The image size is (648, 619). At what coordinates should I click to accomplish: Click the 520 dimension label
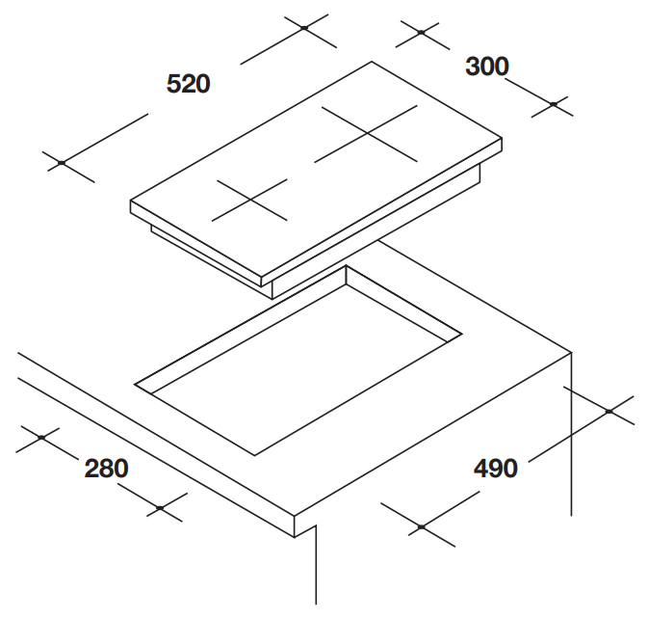[188, 84]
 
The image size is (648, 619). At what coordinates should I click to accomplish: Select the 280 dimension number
[106, 470]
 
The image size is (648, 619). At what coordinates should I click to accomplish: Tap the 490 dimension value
[496, 470]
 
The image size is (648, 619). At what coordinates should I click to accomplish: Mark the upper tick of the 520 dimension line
[303, 28]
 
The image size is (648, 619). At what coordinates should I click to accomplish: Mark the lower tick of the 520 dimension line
[62, 163]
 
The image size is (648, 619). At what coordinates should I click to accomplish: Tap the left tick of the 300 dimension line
[421, 32]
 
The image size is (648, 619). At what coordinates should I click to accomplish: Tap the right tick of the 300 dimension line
[554, 103]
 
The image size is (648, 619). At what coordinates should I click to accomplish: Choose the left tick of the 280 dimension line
[40, 438]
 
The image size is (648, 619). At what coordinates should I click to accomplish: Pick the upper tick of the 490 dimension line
[609, 412]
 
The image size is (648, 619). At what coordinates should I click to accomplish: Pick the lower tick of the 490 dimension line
[421, 526]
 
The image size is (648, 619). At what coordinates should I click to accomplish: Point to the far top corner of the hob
[372, 63]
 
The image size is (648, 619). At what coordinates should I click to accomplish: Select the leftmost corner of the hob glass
[131, 202]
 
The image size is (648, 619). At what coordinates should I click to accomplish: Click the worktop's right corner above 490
[574, 353]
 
